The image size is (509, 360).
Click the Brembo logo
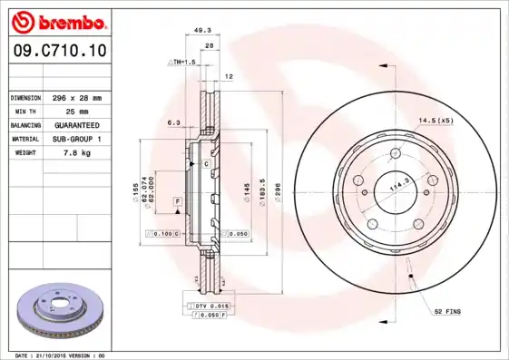pos(55,20)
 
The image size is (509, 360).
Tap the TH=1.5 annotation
pos(182,62)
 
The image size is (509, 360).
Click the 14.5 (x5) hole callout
pos(436,121)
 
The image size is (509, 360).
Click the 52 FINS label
pos(447,311)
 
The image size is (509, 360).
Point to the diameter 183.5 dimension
pos(261,192)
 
